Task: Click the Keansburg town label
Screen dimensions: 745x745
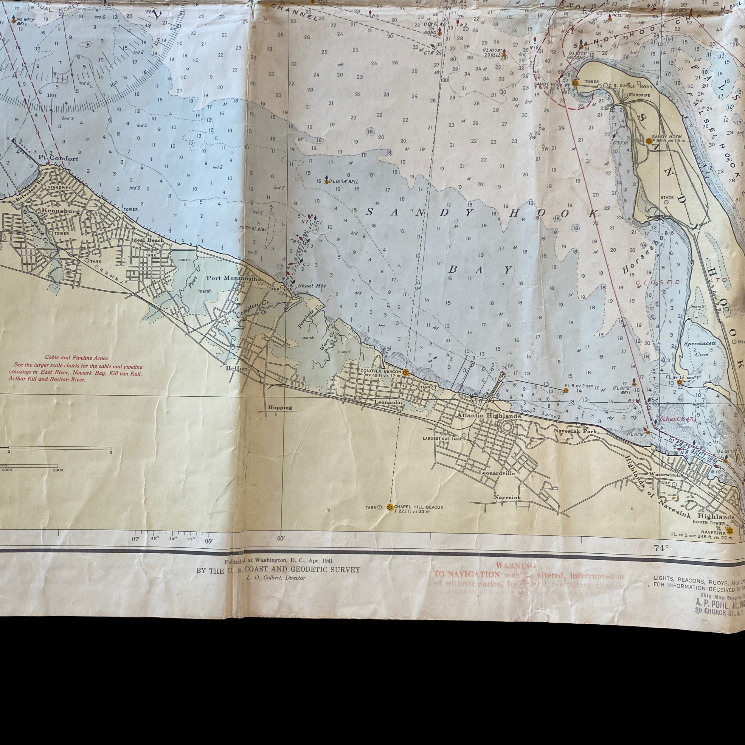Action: click(x=60, y=211)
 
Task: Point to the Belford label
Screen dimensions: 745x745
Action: click(x=237, y=368)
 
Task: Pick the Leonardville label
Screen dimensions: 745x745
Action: click(x=497, y=473)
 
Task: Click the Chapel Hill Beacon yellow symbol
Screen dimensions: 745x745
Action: click(x=389, y=507)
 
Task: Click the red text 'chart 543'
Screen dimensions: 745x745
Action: click(x=678, y=419)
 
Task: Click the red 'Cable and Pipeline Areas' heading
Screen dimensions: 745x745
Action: click(x=77, y=358)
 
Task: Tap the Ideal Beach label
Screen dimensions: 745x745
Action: click(x=147, y=240)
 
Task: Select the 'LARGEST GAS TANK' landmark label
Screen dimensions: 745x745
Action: click(x=442, y=438)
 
